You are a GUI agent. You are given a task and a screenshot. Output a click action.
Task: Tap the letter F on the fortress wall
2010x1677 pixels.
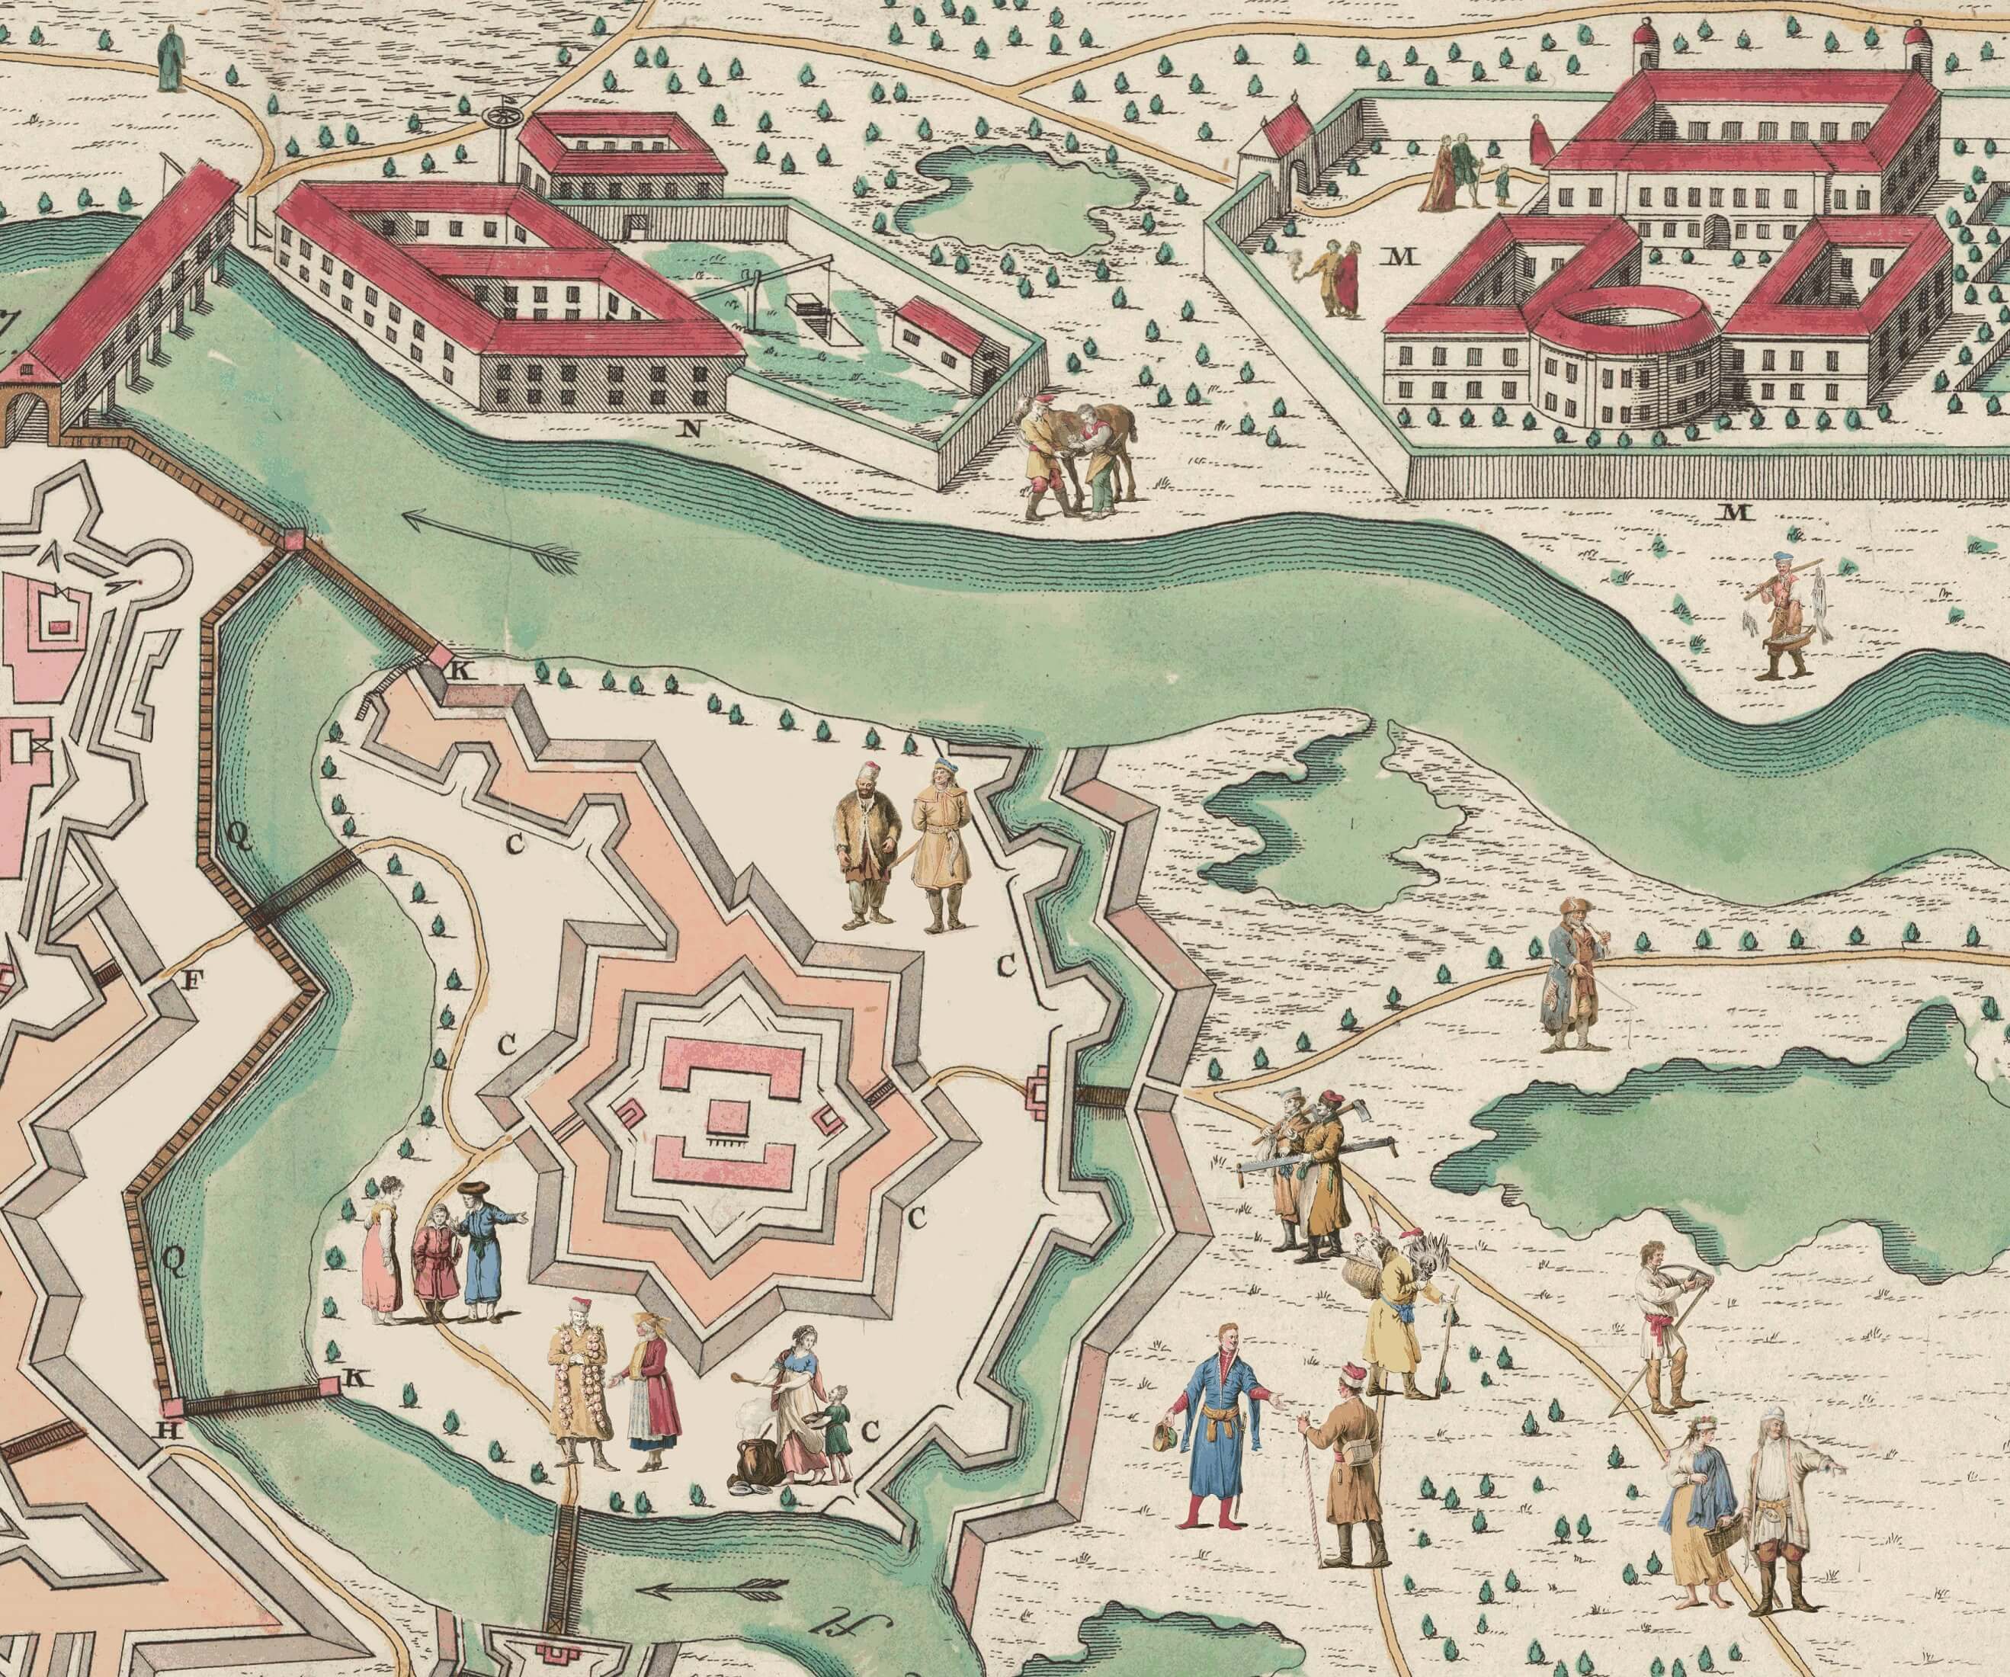(192, 980)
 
